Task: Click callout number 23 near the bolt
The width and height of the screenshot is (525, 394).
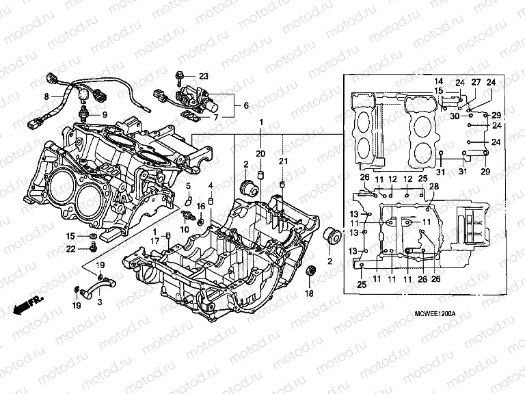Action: tap(204, 75)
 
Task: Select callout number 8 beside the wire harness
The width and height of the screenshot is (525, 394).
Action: tap(47, 96)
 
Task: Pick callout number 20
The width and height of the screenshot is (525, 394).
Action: tap(260, 152)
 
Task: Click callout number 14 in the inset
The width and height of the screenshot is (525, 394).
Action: tap(438, 81)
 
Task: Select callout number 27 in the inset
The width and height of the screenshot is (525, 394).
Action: tap(476, 82)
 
